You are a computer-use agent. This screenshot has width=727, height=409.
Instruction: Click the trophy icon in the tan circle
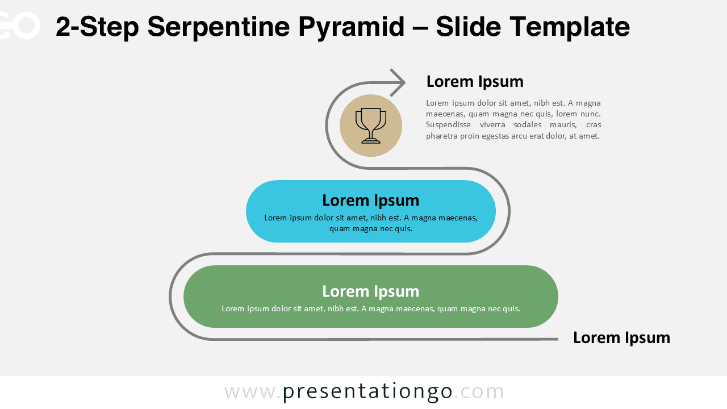point(371,126)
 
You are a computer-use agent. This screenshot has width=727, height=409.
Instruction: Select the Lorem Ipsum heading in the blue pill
point(370,201)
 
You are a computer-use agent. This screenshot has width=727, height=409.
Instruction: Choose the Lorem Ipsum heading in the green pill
point(370,291)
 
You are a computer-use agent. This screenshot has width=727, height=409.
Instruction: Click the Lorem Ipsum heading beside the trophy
point(475,82)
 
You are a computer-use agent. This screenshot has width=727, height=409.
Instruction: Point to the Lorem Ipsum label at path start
point(621,338)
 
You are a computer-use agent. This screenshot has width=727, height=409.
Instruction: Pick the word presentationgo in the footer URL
point(367,391)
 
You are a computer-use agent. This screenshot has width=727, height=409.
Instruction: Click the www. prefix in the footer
point(252,391)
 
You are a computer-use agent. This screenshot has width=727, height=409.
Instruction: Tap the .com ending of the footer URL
point(479,391)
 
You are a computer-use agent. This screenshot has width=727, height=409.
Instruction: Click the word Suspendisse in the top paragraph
point(449,125)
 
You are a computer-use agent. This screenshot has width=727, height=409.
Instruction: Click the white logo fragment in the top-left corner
point(20,26)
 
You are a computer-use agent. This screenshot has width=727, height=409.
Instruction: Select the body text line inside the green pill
point(370,309)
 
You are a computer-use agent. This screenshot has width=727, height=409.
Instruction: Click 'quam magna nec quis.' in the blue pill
point(370,229)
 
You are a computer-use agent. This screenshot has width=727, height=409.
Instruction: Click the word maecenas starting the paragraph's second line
point(445,114)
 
